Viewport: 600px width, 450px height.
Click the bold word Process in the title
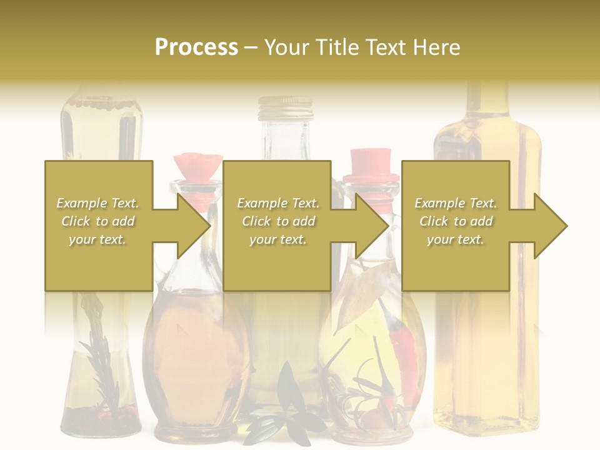point(196,47)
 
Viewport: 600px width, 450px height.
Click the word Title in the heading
point(338,47)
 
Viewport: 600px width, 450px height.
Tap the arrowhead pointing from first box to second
point(194,226)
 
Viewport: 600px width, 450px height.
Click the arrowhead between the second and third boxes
point(372,226)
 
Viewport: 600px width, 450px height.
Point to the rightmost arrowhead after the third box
point(551,226)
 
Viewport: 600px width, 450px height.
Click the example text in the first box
point(98,221)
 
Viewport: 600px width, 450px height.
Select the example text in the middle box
point(278,221)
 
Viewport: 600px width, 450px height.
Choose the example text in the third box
point(456,221)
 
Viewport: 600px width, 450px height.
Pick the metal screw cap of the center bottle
point(284,108)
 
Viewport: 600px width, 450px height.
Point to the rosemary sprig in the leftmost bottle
point(103,362)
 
